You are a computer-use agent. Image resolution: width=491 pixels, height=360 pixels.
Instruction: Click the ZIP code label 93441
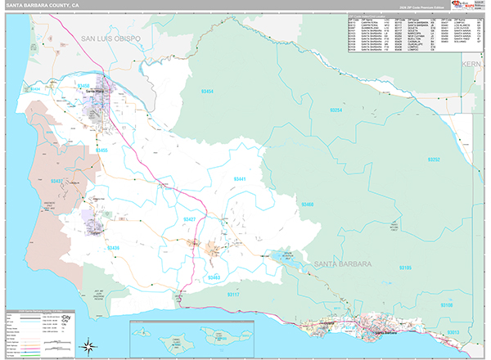[x=239, y=178]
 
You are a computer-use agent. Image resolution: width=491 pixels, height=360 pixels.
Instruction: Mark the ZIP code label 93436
[x=113, y=248]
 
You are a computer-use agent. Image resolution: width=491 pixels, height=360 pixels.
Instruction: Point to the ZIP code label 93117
[x=236, y=295]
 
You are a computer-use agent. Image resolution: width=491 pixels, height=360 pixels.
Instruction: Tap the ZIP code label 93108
[x=447, y=304]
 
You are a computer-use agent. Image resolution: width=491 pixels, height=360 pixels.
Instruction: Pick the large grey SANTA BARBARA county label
[x=342, y=264]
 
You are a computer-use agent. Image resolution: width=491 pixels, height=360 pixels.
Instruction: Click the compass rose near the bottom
[x=92, y=345]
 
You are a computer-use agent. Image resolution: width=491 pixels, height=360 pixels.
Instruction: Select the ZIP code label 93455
[x=101, y=151]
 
